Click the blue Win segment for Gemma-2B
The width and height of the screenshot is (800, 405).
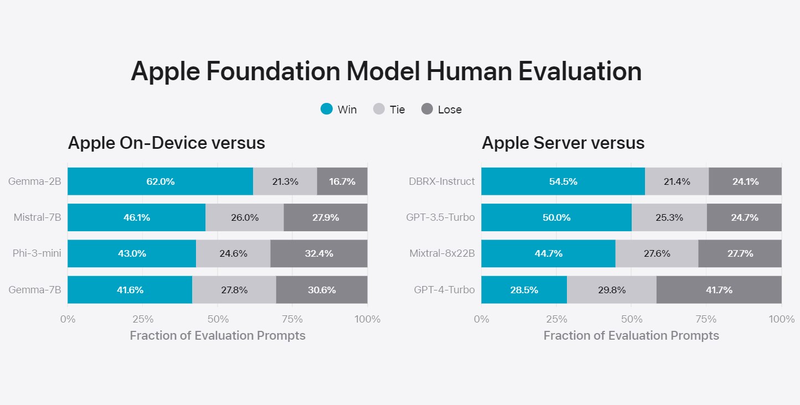click(x=160, y=181)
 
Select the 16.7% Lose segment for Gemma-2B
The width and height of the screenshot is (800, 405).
click(x=342, y=181)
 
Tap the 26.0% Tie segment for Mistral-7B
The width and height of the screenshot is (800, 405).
click(x=245, y=217)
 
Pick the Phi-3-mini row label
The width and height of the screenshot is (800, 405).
click(x=37, y=253)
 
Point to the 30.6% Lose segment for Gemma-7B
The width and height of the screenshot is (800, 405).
click(x=322, y=290)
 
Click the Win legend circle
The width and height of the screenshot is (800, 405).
click(x=327, y=109)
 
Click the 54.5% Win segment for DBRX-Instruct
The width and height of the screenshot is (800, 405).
click(x=563, y=181)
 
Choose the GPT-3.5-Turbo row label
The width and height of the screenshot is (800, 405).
click(x=441, y=217)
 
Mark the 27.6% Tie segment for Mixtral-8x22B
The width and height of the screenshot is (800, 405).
click(x=657, y=253)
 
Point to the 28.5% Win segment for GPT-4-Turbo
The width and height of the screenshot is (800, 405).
click(x=524, y=290)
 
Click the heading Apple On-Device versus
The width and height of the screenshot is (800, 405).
click(x=167, y=143)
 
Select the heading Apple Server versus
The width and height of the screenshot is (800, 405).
click(x=563, y=143)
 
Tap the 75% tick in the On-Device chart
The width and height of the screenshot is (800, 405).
click(x=292, y=319)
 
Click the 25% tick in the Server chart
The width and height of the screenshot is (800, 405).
click(x=556, y=319)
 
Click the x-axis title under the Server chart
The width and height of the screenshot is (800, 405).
click(x=631, y=336)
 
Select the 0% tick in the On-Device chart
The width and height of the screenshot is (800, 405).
click(x=68, y=319)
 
